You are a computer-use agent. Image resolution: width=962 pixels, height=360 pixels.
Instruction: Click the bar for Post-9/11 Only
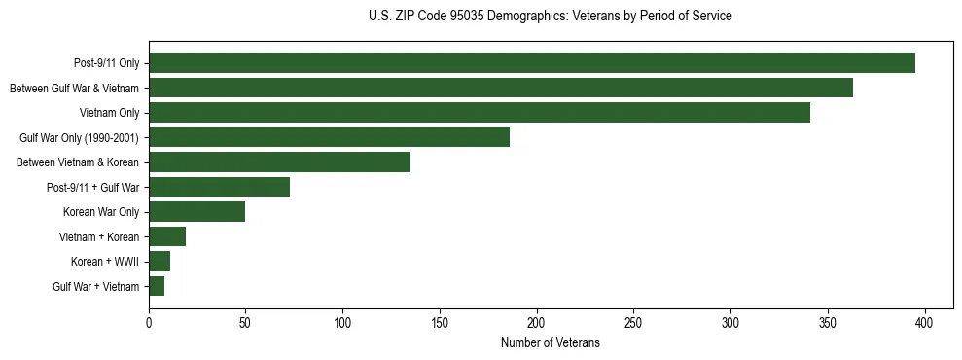point(532,63)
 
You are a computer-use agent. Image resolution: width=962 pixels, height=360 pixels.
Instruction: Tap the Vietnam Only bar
point(480,113)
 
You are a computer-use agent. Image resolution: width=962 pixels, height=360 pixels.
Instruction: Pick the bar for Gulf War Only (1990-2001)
point(329,137)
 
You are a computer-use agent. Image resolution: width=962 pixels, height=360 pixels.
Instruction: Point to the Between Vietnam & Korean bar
point(279,162)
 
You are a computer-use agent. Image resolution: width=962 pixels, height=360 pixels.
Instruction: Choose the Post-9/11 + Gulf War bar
point(219,187)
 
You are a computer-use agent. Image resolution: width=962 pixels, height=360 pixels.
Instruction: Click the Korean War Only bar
point(196,212)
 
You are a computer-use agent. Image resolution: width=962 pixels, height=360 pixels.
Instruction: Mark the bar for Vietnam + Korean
point(167,236)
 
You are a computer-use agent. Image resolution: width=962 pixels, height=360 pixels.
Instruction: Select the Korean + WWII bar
point(160,262)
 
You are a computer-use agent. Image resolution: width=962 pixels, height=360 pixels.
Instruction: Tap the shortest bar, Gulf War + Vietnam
point(157,286)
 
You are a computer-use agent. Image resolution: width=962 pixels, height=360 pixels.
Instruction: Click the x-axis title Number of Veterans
point(550,343)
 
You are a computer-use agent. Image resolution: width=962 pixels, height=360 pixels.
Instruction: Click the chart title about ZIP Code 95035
point(551,17)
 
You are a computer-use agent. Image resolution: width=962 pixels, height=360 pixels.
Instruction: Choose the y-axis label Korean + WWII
point(105,262)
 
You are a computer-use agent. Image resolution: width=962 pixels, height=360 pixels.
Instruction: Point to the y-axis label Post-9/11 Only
point(106,63)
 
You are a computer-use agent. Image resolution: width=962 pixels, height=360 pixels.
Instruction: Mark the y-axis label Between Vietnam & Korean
point(78,162)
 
